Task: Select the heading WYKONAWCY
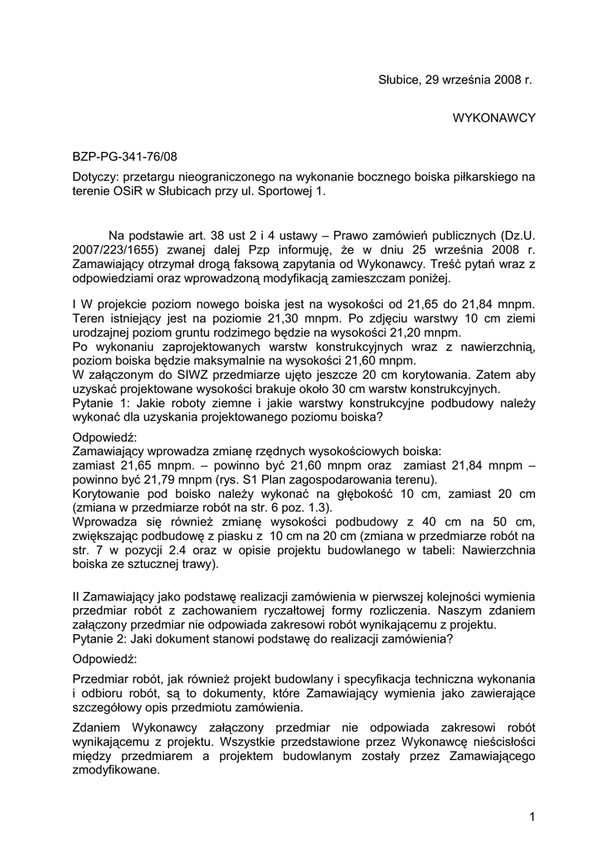(x=494, y=118)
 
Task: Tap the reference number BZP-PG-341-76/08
(x=125, y=156)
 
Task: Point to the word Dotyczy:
(x=96, y=177)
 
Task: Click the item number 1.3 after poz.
(x=320, y=508)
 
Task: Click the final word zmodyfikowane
(x=117, y=768)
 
